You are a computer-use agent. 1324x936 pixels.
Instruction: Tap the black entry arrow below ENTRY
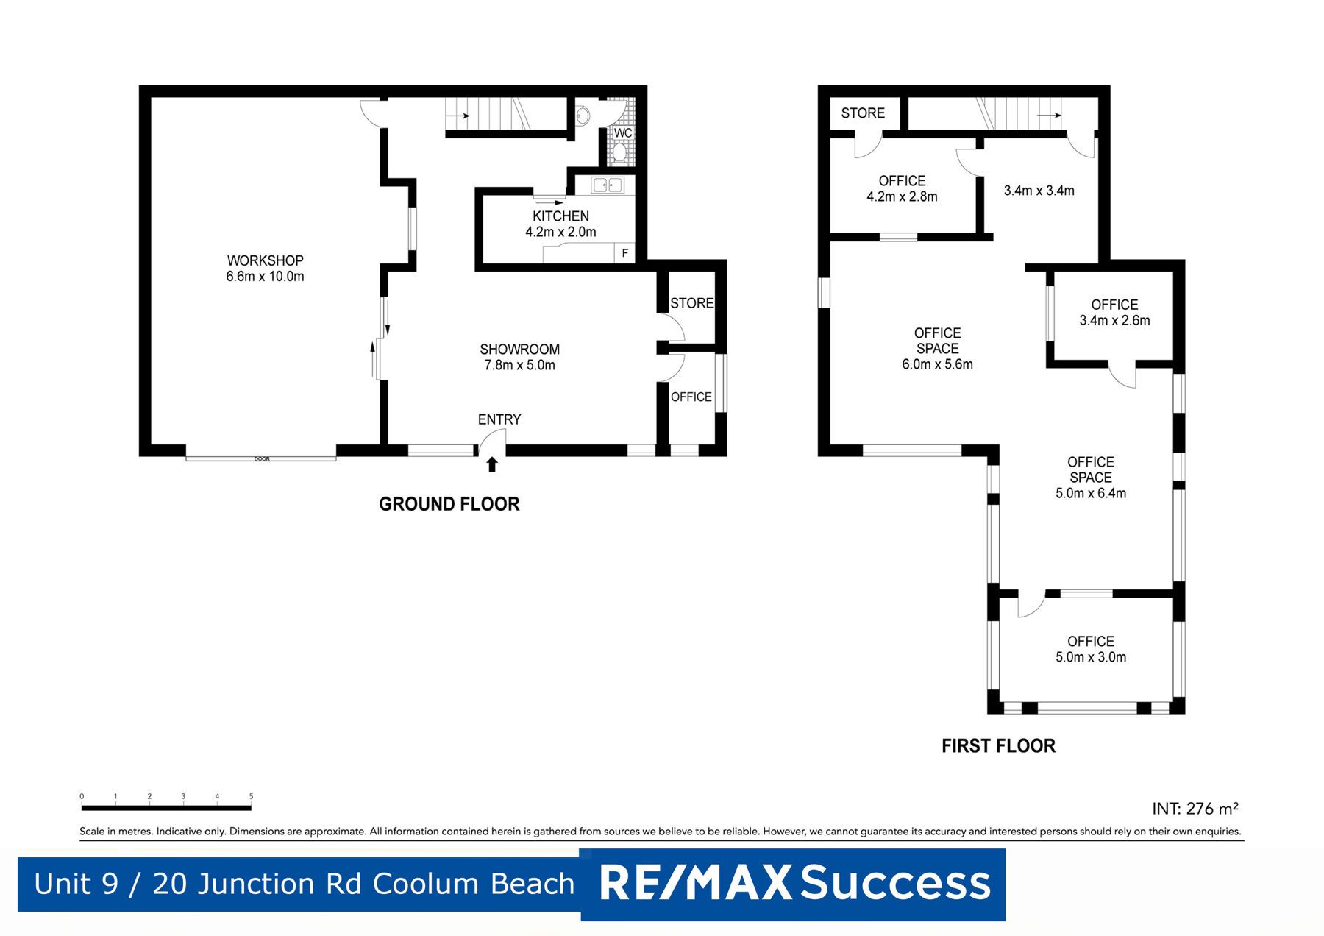492,464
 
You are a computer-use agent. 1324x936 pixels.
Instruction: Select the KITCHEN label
560,216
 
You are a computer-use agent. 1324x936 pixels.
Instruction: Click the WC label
623,133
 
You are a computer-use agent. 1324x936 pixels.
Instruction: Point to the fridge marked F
625,253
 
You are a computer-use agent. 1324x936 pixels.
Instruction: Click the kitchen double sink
608,185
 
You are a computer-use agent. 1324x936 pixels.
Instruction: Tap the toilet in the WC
619,153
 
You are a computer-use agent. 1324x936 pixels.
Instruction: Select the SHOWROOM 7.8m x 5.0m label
519,357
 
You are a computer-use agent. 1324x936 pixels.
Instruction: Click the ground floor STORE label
691,303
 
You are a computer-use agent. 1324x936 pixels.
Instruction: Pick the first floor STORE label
863,113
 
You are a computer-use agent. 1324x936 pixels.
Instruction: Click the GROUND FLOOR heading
449,504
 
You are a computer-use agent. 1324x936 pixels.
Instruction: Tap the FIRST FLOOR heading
998,746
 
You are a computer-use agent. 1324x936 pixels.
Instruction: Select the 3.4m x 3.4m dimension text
1039,191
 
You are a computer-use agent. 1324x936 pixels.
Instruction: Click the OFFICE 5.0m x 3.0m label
1091,649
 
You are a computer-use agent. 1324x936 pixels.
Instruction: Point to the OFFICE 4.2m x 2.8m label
902,188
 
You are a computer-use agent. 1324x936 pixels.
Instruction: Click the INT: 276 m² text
1195,808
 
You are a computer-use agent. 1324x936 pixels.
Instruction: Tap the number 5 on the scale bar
251,796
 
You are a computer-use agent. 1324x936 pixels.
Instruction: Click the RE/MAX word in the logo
695,883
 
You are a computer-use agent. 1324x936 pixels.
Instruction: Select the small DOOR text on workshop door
262,459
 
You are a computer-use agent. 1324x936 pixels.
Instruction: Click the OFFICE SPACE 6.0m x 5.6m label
937,349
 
